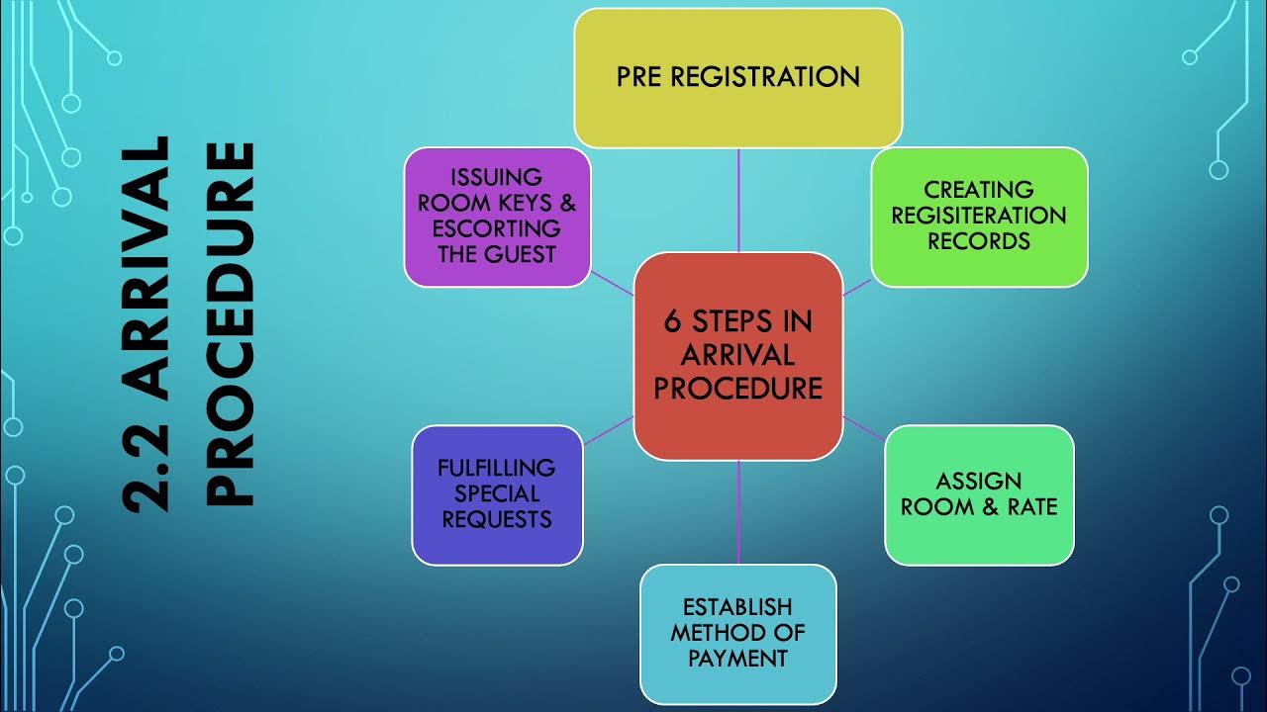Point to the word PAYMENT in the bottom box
pos(737,658)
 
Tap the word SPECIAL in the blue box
pos(497,493)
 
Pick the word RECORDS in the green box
pos(979,241)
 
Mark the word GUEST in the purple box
pos(522,254)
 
